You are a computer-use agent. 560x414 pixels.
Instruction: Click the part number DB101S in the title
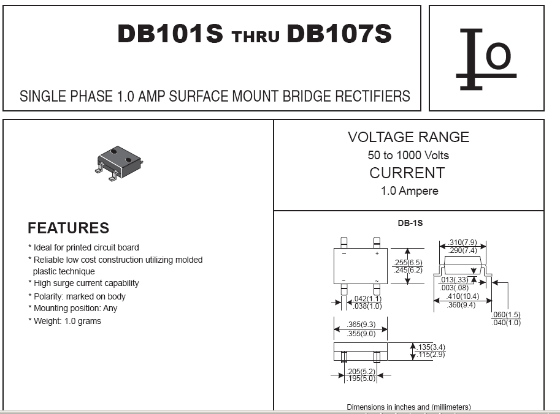point(170,34)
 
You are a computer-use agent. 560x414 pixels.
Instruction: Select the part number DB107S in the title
point(339,34)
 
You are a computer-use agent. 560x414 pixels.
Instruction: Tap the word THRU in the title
point(255,36)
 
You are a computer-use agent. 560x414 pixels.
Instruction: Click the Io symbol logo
point(486,59)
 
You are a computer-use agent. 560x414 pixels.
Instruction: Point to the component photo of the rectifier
point(119,163)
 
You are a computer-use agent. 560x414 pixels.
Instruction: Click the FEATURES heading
point(68,228)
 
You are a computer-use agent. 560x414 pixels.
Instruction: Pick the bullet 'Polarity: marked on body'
point(77,296)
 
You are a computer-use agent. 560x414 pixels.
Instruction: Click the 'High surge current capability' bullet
point(83,283)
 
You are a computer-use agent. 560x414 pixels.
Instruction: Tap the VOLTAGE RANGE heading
point(408,137)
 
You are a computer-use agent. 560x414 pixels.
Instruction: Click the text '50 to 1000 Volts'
point(408,155)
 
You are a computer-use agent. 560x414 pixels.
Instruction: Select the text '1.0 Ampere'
point(409,191)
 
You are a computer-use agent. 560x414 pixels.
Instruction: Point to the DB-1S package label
point(410,223)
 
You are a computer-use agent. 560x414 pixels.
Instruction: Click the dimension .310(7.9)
point(463,242)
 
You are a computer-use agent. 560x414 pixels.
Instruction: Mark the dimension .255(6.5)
point(408,263)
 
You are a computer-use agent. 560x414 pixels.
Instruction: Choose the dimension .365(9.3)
point(361,325)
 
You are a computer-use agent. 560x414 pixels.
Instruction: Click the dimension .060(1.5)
point(506,315)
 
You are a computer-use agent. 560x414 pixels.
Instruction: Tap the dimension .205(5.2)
point(361,371)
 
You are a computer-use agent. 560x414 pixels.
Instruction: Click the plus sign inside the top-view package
point(377,253)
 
